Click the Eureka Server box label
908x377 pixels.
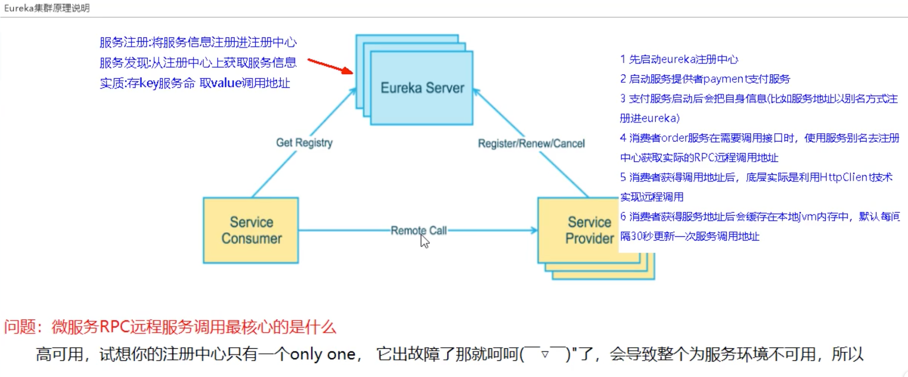tap(422, 88)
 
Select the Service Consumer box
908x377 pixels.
tap(251, 230)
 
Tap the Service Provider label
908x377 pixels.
tap(589, 230)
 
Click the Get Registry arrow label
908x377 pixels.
tap(304, 143)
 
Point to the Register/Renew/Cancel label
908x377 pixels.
tap(531, 144)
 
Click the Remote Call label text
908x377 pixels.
tap(418, 230)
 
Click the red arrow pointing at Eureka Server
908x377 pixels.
tap(331, 66)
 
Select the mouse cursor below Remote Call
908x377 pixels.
tap(424, 241)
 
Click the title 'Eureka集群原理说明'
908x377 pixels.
tap(47, 8)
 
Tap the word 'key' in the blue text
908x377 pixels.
tap(149, 83)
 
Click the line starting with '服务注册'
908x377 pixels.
tap(198, 42)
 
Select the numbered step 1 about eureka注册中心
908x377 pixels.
tap(679, 59)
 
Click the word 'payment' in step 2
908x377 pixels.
tap(724, 79)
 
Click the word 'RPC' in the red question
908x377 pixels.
tap(115, 327)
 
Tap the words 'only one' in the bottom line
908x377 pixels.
tap(322, 355)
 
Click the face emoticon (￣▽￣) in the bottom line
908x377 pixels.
tap(545, 354)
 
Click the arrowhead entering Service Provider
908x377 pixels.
tap(534, 230)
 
